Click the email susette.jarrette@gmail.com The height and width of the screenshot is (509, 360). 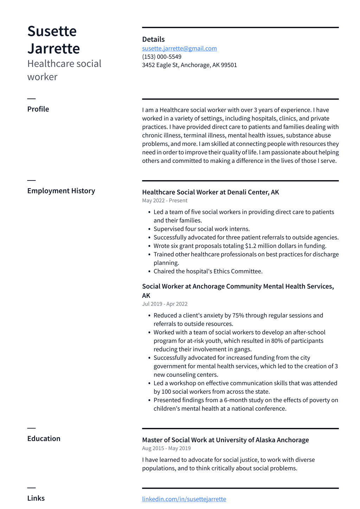(179, 49)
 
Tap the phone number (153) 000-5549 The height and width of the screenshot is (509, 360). (162, 57)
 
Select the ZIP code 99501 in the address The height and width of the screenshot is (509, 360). (229, 65)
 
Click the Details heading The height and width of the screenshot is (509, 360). (153, 39)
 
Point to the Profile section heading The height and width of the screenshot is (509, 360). (38, 109)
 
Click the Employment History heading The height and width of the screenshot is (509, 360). (61, 191)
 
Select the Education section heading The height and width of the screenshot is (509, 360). (44, 438)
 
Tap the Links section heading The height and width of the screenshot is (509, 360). (36, 498)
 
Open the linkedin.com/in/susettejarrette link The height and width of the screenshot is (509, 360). (184, 499)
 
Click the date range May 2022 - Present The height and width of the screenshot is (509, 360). (165, 201)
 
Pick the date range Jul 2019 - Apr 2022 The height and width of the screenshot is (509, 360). (165, 304)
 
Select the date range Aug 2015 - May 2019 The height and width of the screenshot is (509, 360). (166, 448)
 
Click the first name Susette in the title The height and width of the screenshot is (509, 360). (52, 31)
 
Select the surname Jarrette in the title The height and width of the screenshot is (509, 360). (53, 49)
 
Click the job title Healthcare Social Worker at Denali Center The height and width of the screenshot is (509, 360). (210, 192)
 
